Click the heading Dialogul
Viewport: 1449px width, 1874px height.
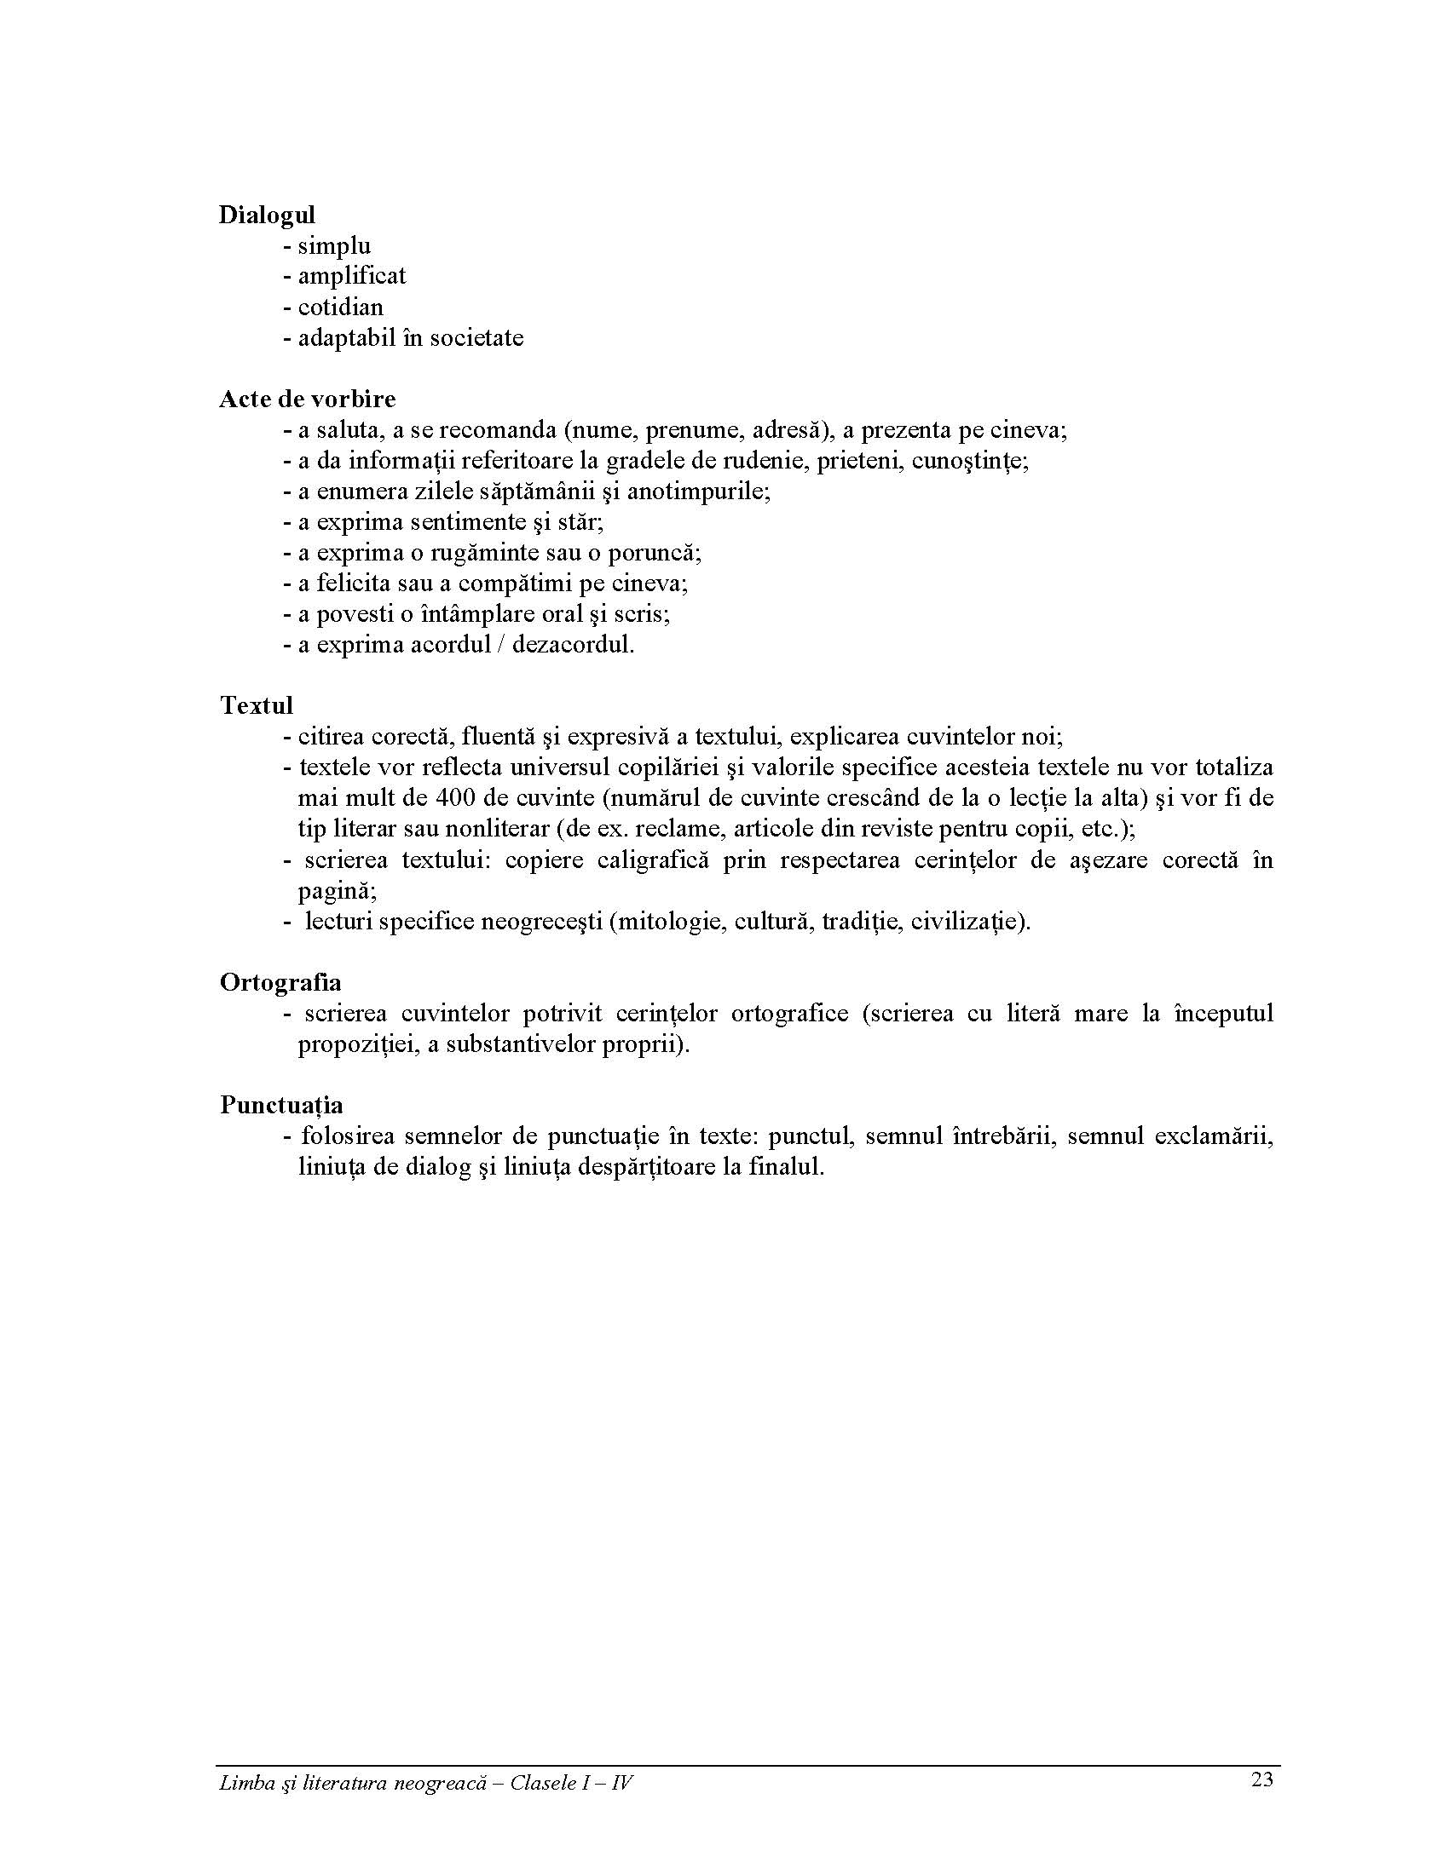267,215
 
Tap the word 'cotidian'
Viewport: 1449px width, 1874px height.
341,308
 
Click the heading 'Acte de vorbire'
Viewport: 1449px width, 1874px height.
308,399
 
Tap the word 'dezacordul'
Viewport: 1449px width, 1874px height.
573,645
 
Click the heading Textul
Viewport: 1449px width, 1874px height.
257,705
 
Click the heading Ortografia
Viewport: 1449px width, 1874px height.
280,982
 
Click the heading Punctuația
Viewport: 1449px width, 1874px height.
281,1105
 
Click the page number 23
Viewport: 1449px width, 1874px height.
1261,1779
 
